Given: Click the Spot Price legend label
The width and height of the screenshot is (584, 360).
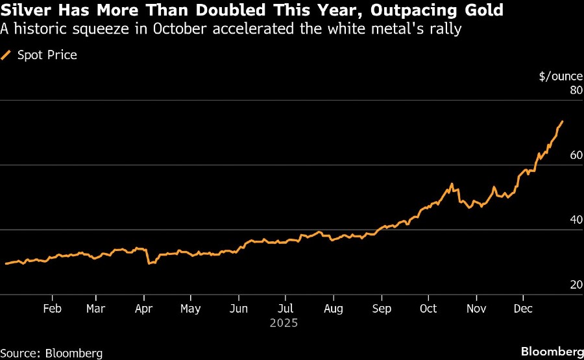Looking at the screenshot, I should [x=47, y=55].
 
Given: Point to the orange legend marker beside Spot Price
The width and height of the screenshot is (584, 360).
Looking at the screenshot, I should [x=6, y=55].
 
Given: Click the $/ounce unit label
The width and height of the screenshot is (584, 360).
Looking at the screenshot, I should [x=560, y=76].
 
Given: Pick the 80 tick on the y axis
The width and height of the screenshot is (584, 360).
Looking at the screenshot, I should [x=575, y=91].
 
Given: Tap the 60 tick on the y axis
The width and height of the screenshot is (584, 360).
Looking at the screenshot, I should [x=575, y=156].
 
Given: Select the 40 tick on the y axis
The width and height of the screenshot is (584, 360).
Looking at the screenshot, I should [x=575, y=221].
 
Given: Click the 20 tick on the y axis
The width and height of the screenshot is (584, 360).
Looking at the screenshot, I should [x=575, y=285].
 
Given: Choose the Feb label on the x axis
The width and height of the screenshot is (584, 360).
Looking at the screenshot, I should [x=52, y=309].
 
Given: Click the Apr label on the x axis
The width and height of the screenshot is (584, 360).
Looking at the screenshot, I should [x=144, y=309].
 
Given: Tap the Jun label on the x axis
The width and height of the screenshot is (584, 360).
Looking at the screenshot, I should [x=239, y=309].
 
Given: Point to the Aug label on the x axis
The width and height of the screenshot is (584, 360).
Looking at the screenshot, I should [x=333, y=309].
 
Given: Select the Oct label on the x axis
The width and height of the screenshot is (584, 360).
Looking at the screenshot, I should [x=428, y=309].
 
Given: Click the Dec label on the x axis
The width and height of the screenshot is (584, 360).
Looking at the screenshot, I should [x=523, y=309].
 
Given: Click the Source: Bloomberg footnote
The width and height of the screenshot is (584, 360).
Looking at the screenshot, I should [x=52, y=353].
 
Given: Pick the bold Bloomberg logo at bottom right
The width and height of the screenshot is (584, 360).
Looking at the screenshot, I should [x=552, y=352].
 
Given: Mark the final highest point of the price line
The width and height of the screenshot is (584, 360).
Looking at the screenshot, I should [x=562, y=121].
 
